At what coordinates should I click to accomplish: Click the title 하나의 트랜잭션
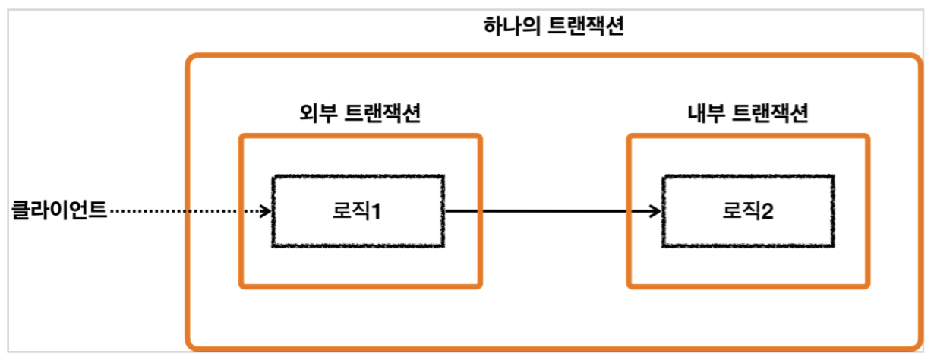coord(554,28)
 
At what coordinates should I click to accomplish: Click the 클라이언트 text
coord(59,210)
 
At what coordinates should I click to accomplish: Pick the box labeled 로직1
coord(358,211)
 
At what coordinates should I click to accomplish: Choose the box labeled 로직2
coord(748,211)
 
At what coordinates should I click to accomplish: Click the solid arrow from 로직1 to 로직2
coord(547,210)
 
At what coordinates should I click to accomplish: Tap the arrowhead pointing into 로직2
coord(655,210)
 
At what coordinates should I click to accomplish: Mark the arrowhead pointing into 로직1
coord(265,210)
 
